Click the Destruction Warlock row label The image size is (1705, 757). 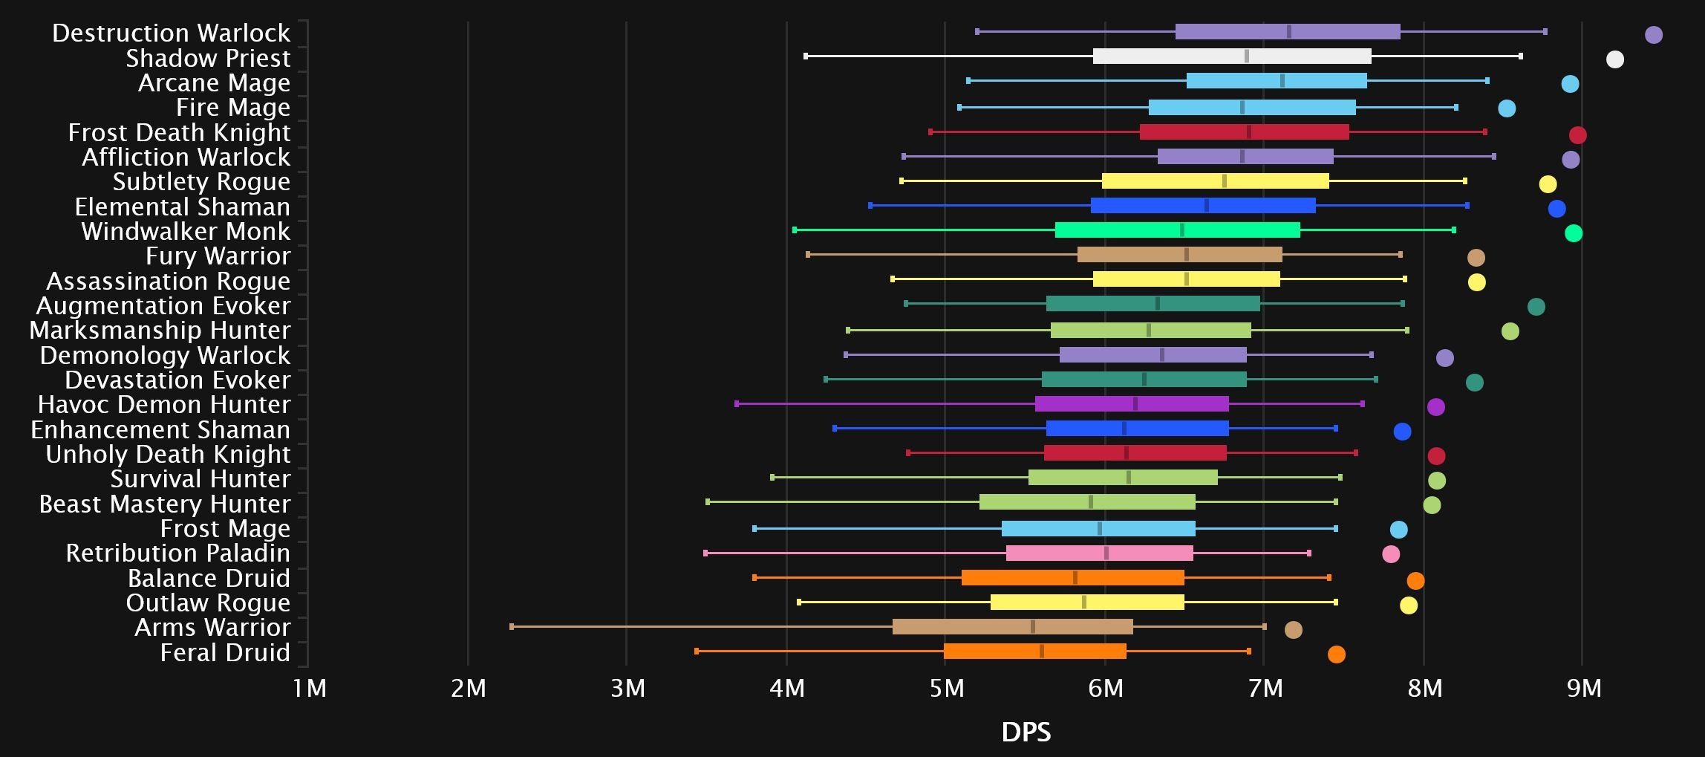171,33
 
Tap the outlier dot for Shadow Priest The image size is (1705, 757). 1614,59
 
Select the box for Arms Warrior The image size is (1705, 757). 1012,626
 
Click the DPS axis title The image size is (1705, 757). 1026,732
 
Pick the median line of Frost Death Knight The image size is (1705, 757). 1249,132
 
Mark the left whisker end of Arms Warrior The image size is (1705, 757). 512,626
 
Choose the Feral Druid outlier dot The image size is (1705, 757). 1336,654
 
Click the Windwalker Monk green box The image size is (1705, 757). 1177,230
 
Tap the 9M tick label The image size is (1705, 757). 1583,689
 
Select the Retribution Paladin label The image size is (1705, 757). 177,553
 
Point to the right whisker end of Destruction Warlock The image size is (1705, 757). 1545,31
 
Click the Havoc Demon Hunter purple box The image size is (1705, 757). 1132,404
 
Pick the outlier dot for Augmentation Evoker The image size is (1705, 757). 1536,307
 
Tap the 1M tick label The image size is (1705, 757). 309,689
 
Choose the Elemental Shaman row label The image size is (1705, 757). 182,207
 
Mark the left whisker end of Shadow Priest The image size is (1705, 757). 806,56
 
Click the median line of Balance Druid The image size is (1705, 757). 1075,578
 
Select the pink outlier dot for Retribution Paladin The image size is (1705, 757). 1390,554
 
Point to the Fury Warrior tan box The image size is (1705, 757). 1179,255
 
